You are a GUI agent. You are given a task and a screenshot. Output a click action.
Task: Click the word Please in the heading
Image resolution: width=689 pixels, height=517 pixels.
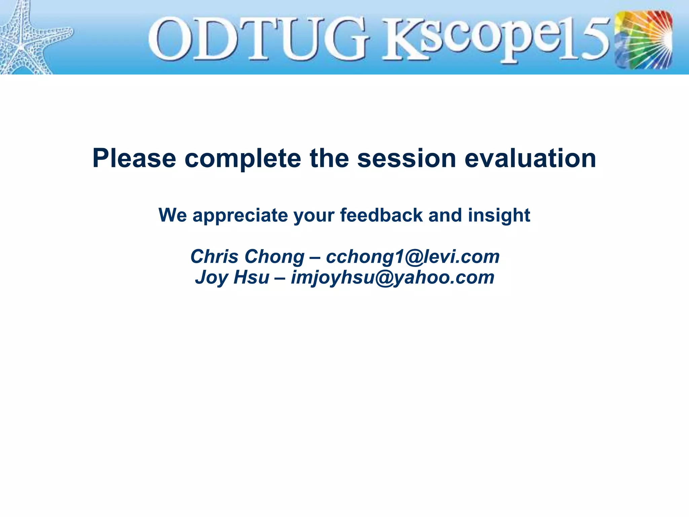[x=134, y=159]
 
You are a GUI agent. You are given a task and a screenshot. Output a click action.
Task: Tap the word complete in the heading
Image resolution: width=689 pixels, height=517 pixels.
[x=243, y=159]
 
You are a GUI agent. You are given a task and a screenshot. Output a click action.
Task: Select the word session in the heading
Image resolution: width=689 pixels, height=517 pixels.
[x=406, y=159]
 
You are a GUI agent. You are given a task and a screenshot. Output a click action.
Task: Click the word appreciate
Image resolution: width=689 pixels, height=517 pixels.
[x=240, y=215]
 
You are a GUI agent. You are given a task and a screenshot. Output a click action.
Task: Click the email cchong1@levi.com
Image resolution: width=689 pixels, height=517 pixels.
[x=413, y=256]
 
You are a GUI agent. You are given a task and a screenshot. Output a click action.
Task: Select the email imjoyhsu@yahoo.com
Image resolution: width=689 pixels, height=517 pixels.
[x=393, y=277]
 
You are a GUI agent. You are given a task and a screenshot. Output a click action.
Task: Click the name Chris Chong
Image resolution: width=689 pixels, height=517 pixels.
[x=247, y=256]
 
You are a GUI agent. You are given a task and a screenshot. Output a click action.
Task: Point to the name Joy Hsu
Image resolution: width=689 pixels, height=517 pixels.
[x=232, y=277]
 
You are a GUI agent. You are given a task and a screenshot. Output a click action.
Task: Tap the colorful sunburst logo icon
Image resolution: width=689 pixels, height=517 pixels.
[x=643, y=40]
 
